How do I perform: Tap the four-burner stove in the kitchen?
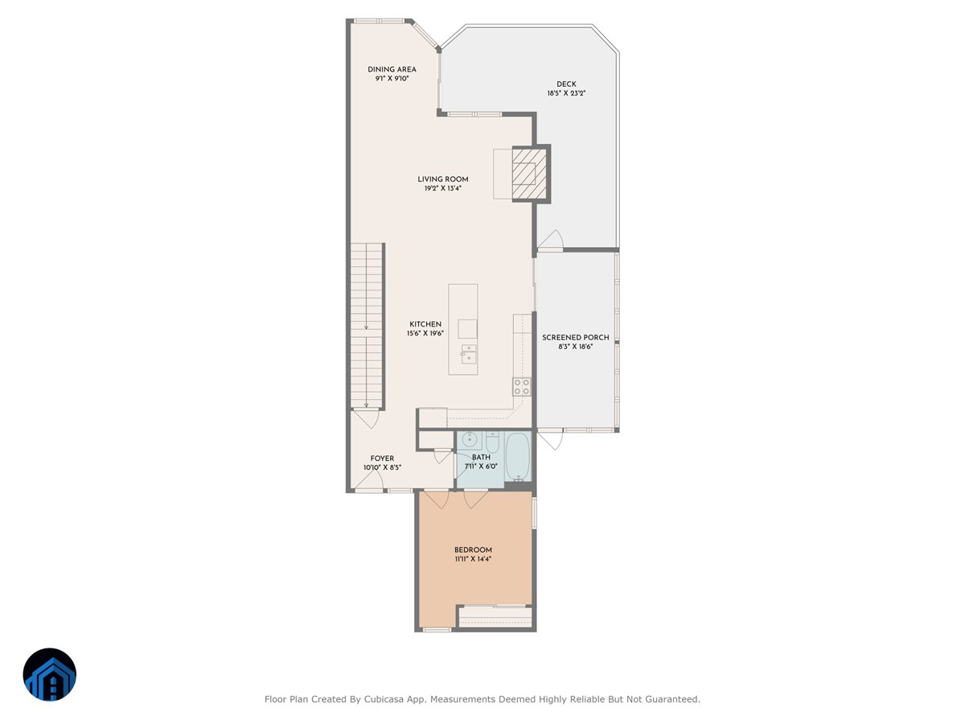pyautogui.click(x=522, y=386)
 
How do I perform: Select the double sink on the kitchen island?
pyautogui.click(x=468, y=355)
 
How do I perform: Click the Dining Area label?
pyautogui.click(x=392, y=69)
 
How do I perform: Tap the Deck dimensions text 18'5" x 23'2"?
pyautogui.click(x=566, y=93)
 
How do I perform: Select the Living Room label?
pyautogui.click(x=442, y=179)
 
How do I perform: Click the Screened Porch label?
pyautogui.click(x=575, y=338)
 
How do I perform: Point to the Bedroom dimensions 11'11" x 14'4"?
pyautogui.click(x=473, y=558)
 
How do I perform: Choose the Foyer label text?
pyautogui.click(x=382, y=459)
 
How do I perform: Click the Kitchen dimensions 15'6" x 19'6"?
pyautogui.click(x=424, y=333)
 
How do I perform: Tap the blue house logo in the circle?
pyautogui.click(x=49, y=675)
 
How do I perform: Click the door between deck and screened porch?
pyautogui.click(x=550, y=241)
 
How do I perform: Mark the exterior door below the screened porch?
pyautogui.click(x=550, y=440)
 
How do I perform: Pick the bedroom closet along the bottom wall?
pyautogui.click(x=495, y=616)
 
